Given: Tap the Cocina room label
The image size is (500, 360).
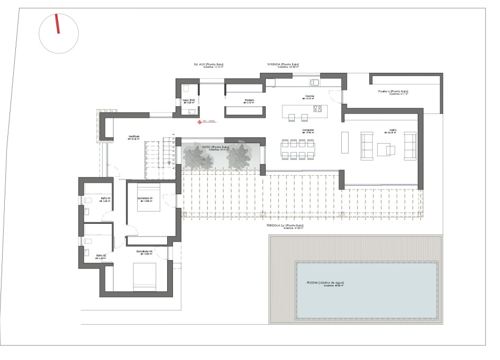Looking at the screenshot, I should [310, 97].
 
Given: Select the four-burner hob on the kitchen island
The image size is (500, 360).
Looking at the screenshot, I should [318, 109].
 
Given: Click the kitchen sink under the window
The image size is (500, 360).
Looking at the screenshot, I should [315, 82].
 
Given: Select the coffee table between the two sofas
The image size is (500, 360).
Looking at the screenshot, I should [390, 150].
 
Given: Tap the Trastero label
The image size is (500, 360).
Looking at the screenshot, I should [249, 100].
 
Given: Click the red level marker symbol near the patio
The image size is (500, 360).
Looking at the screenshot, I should [199, 122].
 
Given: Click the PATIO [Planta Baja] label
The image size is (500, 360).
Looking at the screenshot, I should [216, 147].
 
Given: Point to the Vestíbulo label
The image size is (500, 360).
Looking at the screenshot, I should [133, 136].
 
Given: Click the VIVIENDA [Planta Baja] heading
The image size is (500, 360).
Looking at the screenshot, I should [283, 64].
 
